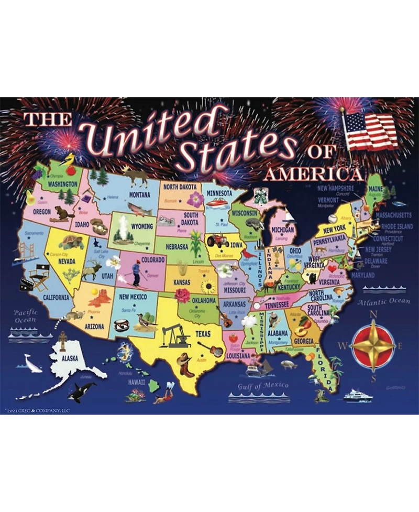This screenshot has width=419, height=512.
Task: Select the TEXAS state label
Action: (203, 333)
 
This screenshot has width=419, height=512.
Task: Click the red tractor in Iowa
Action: (217, 241)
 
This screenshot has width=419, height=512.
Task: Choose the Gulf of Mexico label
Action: (263, 386)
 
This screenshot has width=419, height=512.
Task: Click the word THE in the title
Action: (48, 119)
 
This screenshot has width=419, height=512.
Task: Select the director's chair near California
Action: (39, 278)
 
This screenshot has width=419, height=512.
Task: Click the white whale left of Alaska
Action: (32, 363)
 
